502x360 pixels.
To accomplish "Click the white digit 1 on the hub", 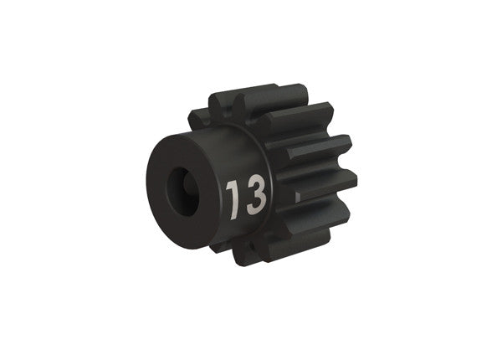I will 232,198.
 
